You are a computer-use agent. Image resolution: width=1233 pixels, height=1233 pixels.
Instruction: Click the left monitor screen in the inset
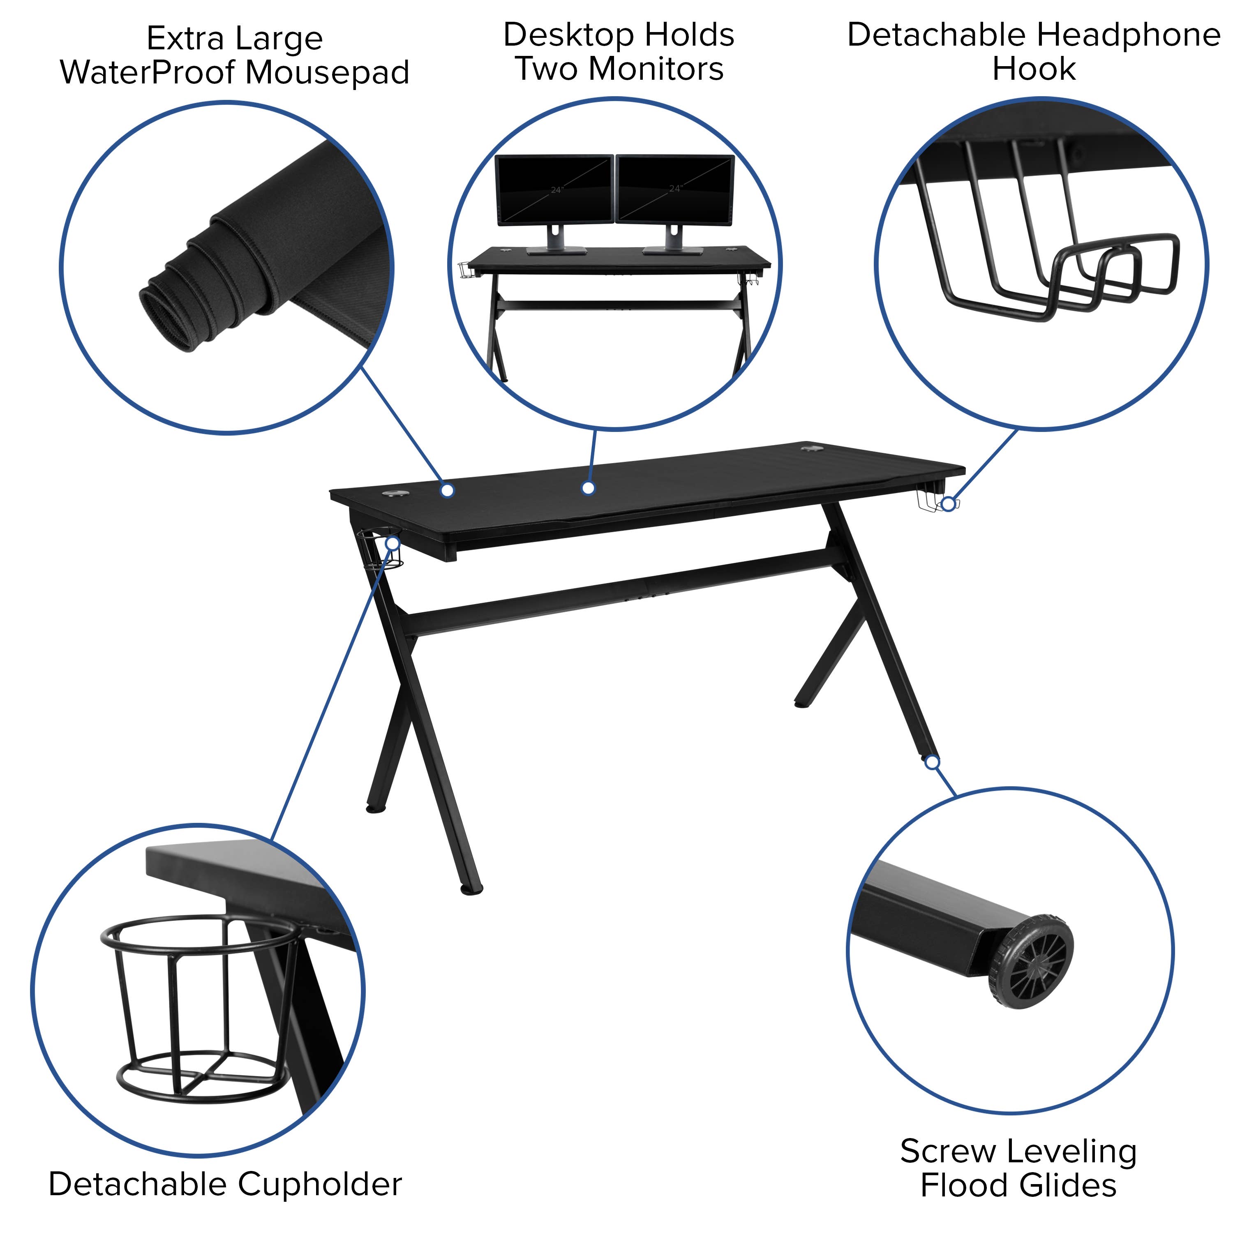pyautogui.click(x=554, y=189)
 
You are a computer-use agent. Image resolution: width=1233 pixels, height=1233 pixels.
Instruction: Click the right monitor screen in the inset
pyautogui.click(x=674, y=189)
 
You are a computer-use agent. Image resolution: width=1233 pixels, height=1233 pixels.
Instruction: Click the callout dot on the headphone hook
pyautogui.click(x=949, y=504)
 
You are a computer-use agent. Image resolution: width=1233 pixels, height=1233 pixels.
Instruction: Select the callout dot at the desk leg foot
pyautogui.click(x=933, y=763)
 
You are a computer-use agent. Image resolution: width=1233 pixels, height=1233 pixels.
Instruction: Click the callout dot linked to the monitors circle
pyautogui.click(x=589, y=488)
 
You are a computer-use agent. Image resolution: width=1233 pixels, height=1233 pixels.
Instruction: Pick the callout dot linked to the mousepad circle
pyautogui.click(x=448, y=490)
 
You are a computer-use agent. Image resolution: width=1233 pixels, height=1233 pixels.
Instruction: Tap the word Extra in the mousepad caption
pyautogui.click(x=185, y=39)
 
